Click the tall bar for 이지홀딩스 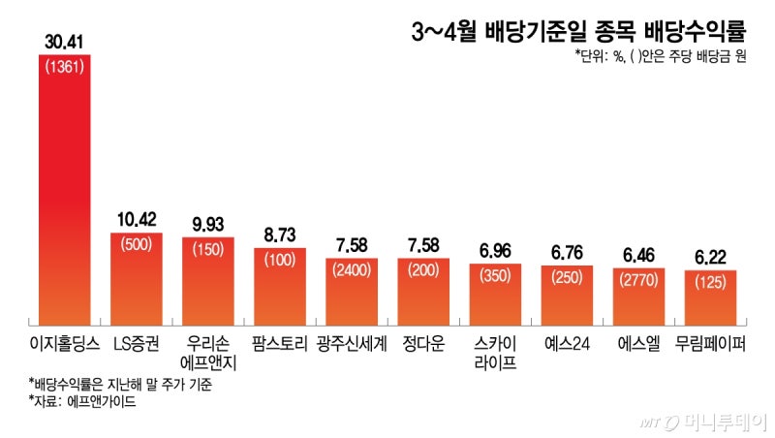(x=64, y=194)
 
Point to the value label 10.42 (x=137, y=220)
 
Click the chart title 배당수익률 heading (x=578, y=32)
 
